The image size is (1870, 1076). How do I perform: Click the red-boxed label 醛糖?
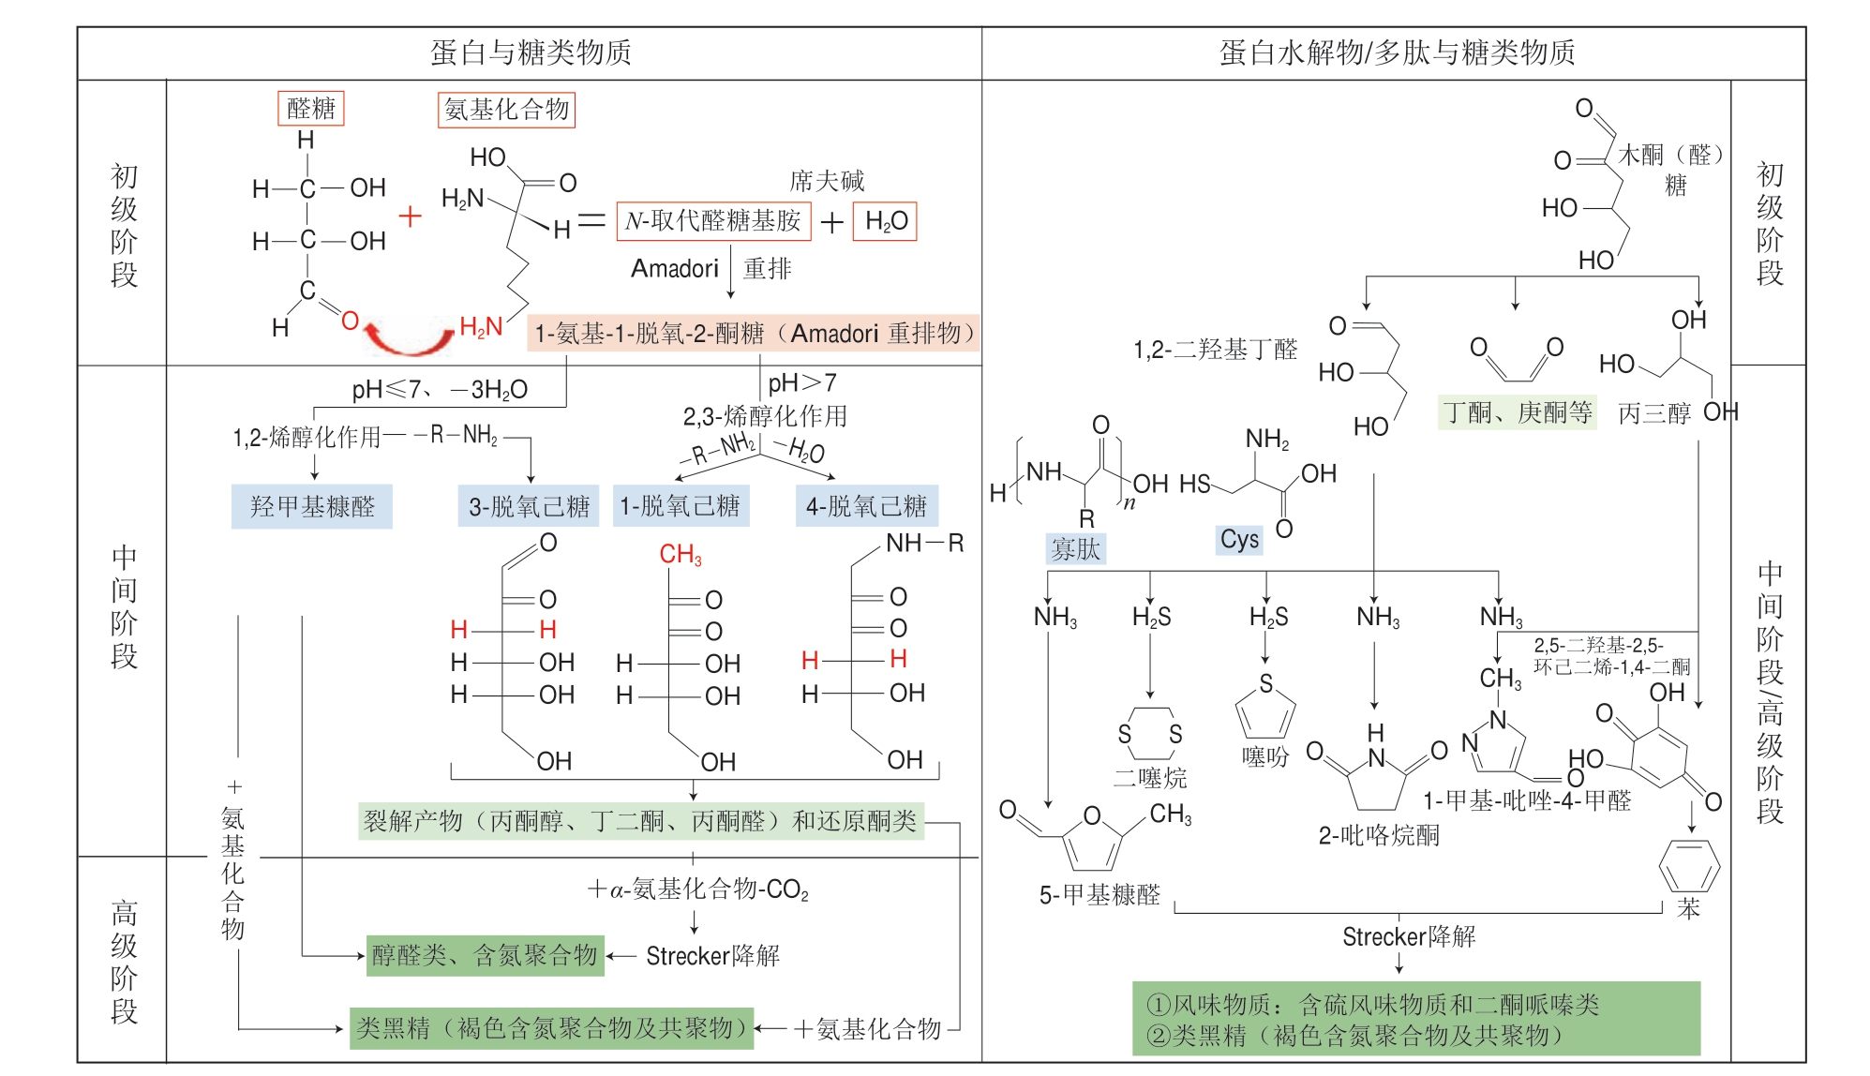[x=310, y=109]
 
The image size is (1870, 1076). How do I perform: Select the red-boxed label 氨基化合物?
[x=506, y=110]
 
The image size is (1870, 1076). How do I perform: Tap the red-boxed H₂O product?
[x=884, y=221]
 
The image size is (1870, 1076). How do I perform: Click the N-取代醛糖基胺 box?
[x=712, y=221]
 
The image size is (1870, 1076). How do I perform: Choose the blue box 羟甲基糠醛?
[x=311, y=506]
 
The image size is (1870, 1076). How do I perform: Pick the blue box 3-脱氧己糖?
[x=528, y=506]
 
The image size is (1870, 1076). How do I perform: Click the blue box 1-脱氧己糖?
[x=681, y=506]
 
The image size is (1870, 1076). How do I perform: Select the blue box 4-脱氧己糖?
[x=866, y=506]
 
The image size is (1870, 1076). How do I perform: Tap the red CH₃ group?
[x=680, y=555]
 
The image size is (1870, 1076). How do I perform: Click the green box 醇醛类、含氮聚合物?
[x=485, y=955]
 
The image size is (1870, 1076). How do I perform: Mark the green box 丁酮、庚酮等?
[x=1517, y=412]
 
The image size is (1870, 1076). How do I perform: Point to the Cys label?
[x=1239, y=539]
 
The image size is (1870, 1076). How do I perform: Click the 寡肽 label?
[x=1075, y=548]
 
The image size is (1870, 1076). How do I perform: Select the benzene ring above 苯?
[x=1688, y=866]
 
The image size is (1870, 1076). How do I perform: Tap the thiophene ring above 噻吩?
[x=1265, y=712]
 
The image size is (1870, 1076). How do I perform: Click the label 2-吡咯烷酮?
[x=1378, y=835]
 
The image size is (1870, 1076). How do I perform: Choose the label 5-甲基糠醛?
[x=1099, y=895]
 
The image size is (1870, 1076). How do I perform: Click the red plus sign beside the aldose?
[x=410, y=217]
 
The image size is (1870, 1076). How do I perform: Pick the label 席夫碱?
[x=826, y=180]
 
